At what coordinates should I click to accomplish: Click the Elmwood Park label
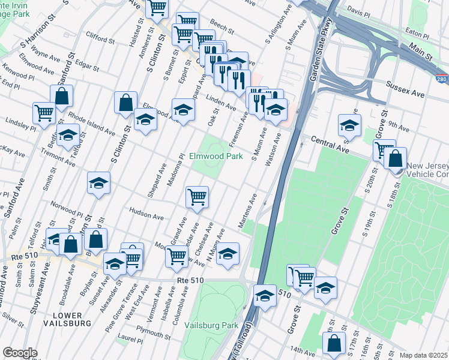[215, 156]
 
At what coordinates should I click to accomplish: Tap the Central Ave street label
[330, 144]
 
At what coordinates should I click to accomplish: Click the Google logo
[20, 352]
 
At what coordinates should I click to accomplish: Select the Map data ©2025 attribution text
[423, 355]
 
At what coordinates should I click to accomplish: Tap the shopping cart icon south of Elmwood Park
[197, 197]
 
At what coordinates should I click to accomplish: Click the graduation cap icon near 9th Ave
[349, 125]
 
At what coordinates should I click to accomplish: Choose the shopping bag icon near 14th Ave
[334, 343]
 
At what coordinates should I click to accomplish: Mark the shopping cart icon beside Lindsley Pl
[44, 112]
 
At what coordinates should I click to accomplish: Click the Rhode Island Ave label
[92, 122]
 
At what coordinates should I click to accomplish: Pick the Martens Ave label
[249, 211]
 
